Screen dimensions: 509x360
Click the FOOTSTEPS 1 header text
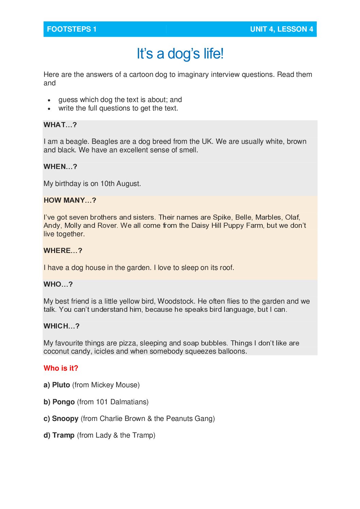(71, 29)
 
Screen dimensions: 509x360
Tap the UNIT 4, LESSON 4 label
(281, 29)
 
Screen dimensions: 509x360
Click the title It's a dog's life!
(180, 54)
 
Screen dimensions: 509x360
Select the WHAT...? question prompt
(60, 125)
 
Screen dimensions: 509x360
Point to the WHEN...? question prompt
(60, 167)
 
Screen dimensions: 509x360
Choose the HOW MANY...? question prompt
(70, 200)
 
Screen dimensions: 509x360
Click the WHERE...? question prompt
(63, 251)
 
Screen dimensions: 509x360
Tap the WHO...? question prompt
(58, 284)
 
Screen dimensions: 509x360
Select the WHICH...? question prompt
(62, 326)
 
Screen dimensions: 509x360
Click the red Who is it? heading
(61, 368)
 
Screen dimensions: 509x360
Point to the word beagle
(76, 141)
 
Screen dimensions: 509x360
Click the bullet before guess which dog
(50, 100)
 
